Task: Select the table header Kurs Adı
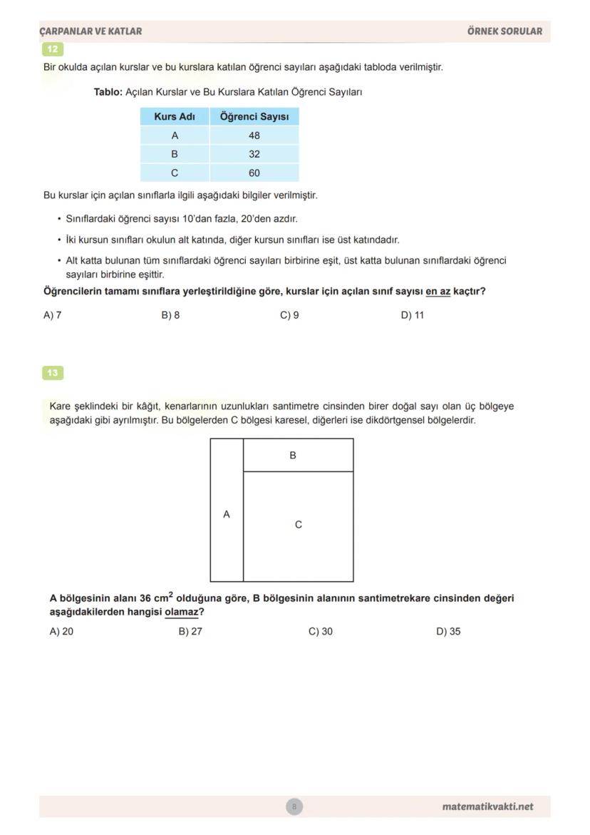175,116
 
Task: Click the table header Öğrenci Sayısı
254,116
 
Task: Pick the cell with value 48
254,135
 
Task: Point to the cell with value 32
254,154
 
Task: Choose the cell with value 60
254,173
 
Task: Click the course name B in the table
175,154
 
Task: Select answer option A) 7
53,315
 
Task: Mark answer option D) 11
413,315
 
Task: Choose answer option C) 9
289,315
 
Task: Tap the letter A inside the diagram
227,514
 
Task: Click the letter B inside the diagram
293,455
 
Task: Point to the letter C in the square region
299,525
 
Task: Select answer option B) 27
190,631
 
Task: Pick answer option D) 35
448,631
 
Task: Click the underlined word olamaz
181,612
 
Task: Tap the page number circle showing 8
294,806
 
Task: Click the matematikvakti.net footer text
487,806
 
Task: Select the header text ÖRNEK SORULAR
504,31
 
